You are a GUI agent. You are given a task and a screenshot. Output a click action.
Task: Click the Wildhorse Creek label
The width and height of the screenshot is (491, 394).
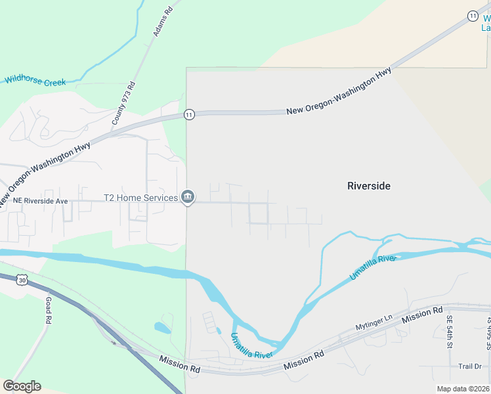[x=35, y=81]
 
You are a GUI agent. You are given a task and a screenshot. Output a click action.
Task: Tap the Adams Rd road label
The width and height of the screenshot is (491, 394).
[x=165, y=21]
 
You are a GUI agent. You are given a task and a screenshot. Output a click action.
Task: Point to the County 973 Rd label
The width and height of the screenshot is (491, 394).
[x=123, y=103]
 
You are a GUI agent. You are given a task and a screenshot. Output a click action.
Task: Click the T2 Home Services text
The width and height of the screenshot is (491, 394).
[x=140, y=198]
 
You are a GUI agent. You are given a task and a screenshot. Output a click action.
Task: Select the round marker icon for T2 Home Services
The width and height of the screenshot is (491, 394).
[x=188, y=197]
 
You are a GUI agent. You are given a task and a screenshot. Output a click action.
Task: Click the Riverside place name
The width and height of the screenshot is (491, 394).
[x=368, y=186]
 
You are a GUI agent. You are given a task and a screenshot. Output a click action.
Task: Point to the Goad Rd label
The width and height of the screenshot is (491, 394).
[x=48, y=310]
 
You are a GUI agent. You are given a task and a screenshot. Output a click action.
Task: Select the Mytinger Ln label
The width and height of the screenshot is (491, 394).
[x=374, y=322]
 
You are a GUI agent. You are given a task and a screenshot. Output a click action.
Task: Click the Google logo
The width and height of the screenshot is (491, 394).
[x=21, y=386]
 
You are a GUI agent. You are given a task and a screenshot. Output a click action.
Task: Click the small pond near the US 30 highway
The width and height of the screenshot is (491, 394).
[x=162, y=327]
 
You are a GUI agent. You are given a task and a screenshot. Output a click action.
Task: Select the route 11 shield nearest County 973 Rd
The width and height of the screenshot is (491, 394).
[x=189, y=114]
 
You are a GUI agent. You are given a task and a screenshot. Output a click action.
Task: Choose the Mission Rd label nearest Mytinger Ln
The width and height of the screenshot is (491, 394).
[x=423, y=315]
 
